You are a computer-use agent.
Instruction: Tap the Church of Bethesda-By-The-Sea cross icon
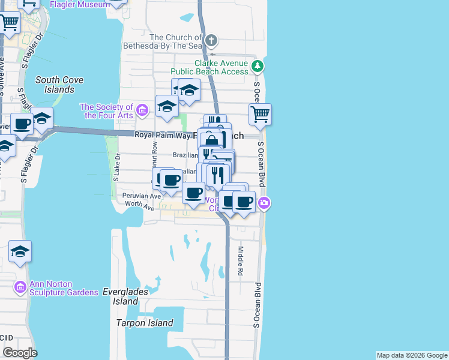211,41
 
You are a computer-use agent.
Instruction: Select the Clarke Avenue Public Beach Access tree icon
257,66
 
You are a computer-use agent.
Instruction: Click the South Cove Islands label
59,85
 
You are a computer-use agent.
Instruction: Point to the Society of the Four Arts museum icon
142,110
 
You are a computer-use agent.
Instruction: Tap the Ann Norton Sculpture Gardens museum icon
20,287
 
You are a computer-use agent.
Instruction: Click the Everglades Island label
125,296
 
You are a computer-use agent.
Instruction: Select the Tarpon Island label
145,323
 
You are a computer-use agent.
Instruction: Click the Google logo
20,352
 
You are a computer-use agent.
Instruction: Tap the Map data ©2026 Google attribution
412,355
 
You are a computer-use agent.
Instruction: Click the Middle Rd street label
240,260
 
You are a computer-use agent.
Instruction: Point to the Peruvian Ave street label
137,196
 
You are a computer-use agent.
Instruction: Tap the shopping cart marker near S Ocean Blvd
260,114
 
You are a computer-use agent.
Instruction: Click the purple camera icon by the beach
264,205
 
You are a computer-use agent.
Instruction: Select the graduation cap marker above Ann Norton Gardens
20,252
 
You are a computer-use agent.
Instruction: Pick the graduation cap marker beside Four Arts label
167,107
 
